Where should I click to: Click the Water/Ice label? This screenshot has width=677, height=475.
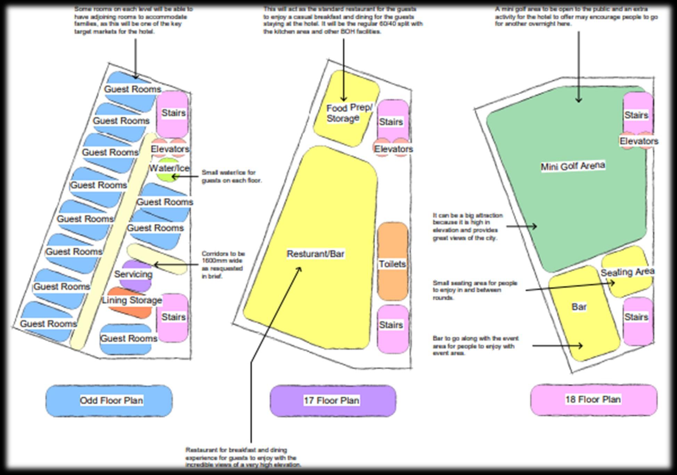pyautogui.click(x=169, y=168)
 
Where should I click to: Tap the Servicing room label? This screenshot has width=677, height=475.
pyautogui.click(x=133, y=274)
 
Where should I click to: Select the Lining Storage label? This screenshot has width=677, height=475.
pyautogui.click(x=132, y=300)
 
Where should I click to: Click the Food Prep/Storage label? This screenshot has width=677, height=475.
pyautogui.click(x=349, y=113)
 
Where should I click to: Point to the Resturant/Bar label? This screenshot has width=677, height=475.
pyautogui.click(x=316, y=254)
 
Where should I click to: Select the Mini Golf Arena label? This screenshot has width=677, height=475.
pyautogui.click(x=573, y=166)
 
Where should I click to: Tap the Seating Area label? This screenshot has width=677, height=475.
pyautogui.click(x=627, y=272)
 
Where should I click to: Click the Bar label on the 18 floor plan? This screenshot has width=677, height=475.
pyautogui.click(x=579, y=307)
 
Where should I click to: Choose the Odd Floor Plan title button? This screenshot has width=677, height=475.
pyautogui.click(x=111, y=400)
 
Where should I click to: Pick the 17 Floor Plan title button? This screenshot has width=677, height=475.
pyautogui.click(x=332, y=400)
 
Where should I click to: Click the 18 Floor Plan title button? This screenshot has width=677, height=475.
pyautogui.click(x=593, y=399)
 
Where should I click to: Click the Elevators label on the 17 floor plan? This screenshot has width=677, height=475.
pyautogui.click(x=393, y=149)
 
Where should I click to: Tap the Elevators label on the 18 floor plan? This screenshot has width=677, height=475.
pyautogui.click(x=639, y=141)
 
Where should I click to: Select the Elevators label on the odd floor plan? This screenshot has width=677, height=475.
pyautogui.click(x=170, y=149)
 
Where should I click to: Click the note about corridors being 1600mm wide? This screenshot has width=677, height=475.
pyautogui.click(x=223, y=265)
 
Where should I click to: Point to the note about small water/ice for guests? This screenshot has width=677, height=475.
pyautogui.click(x=231, y=176)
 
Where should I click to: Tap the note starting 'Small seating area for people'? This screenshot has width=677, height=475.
pyautogui.click(x=475, y=290)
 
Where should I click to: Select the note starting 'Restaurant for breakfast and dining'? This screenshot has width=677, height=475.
pyautogui.click(x=243, y=457)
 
